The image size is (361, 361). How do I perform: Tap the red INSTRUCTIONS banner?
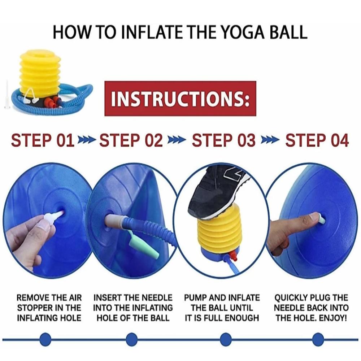click(x=180, y=99)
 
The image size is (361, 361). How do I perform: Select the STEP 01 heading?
click(x=43, y=140)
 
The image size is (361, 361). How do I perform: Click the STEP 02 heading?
click(x=131, y=140)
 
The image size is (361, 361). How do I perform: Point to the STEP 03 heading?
click(x=223, y=140)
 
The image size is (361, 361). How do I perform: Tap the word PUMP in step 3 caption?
click(x=195, y=298)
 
